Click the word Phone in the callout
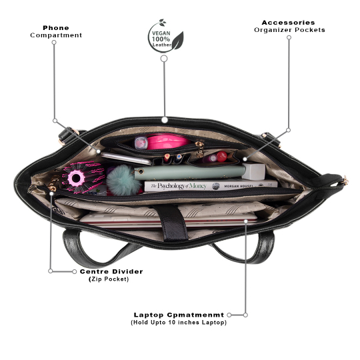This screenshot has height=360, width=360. point(56,28)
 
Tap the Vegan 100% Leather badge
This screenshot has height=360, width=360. point(165,36)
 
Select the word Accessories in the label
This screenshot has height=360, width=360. point(288,23)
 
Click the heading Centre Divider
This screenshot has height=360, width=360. point(111,271)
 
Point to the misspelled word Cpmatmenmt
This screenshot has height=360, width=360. point(195,315)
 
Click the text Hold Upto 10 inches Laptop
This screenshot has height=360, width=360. point(179,323)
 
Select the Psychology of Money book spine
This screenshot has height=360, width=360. point(211,185)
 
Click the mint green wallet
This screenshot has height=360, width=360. point(189,172)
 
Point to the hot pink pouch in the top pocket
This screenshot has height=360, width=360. point(167,141)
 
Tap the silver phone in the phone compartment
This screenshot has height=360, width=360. point(125,158)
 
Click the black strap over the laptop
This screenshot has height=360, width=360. point(173,222)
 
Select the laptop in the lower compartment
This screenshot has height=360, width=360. point(169,220)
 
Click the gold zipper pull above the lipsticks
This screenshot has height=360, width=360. point(199,148)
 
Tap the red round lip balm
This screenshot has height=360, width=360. point(221,157)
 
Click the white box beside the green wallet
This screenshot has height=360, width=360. point(253,171)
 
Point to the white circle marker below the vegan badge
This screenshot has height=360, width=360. point(164,59)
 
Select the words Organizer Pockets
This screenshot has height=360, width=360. point(289,30)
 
